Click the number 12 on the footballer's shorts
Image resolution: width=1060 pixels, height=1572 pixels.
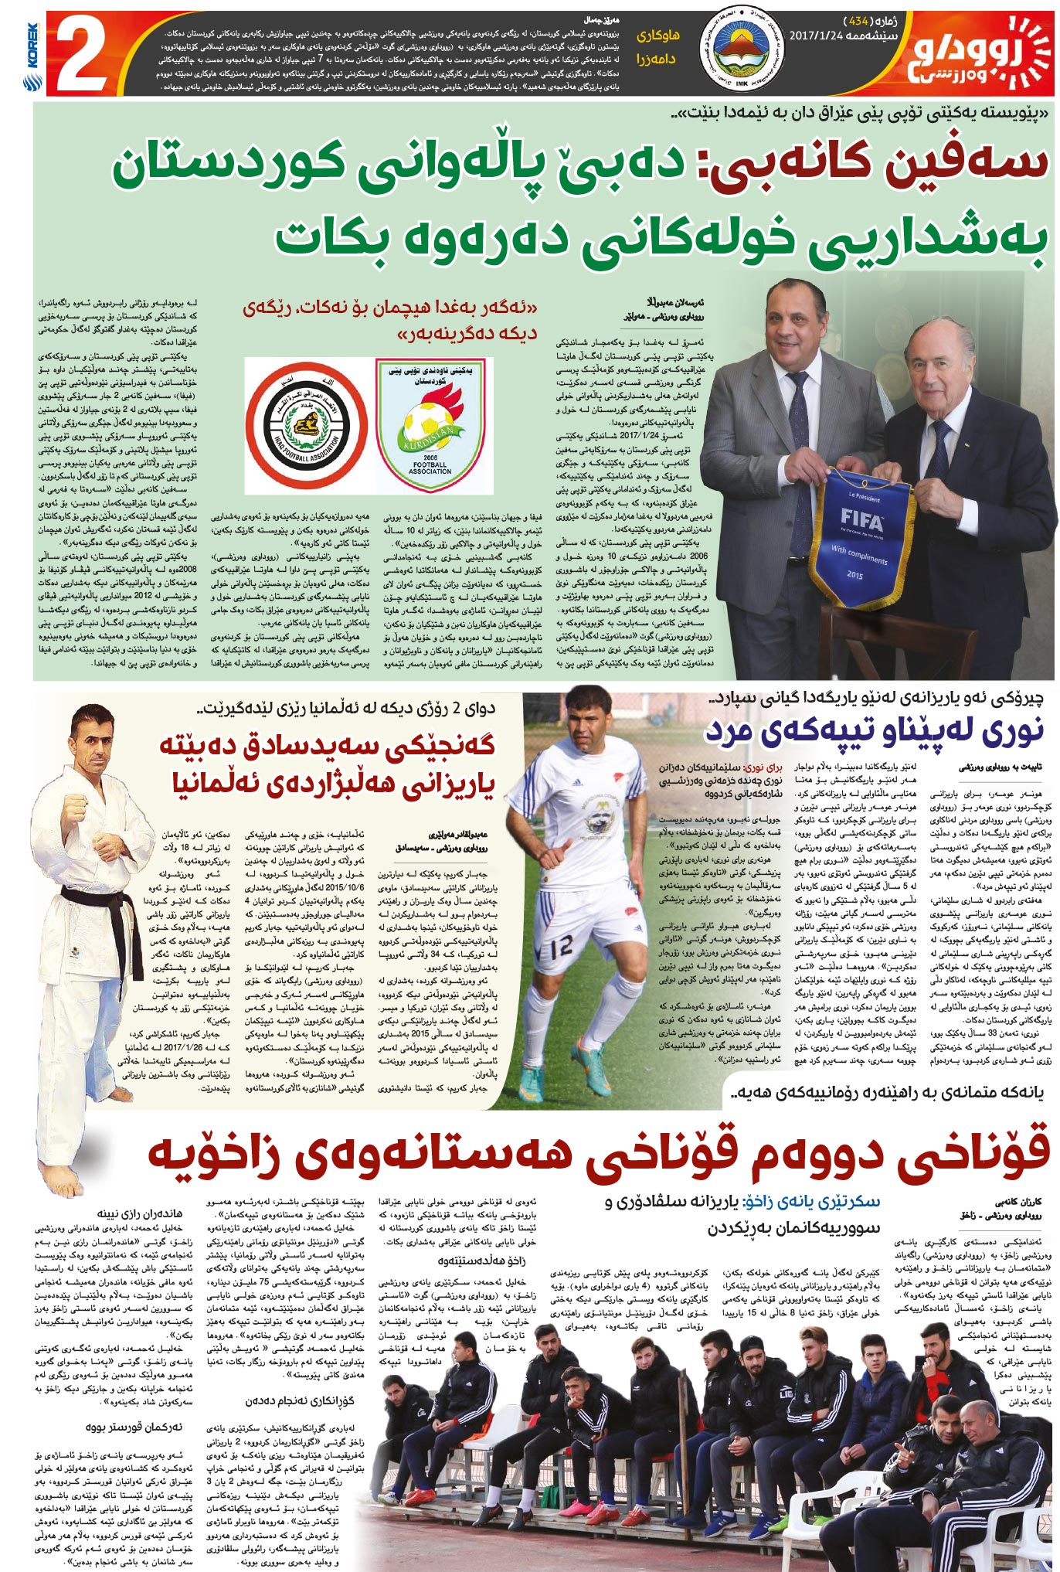click(562, 944)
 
